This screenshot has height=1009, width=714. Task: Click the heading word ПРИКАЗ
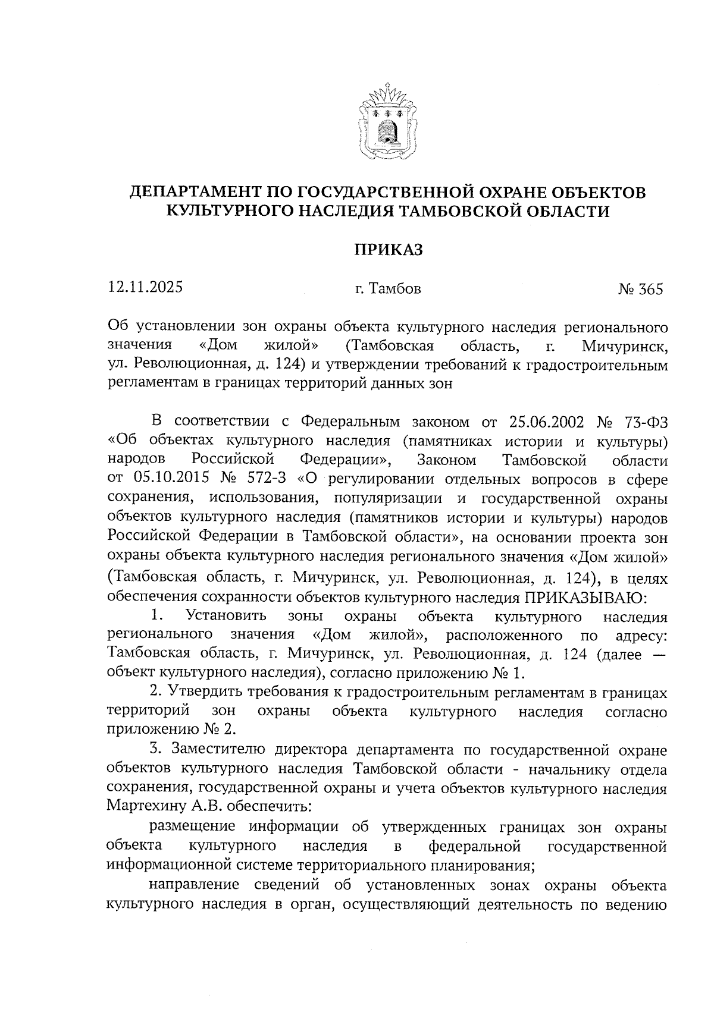point(388,250)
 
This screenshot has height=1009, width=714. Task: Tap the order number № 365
point(640,290)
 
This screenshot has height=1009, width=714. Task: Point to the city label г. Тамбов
point(388,290)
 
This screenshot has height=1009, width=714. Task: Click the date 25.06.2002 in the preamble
point(547,422)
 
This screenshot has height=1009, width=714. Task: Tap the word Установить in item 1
point(226,617)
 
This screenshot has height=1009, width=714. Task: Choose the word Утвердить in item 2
point(200,692)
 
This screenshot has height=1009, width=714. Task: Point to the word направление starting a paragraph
point(197,885)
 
